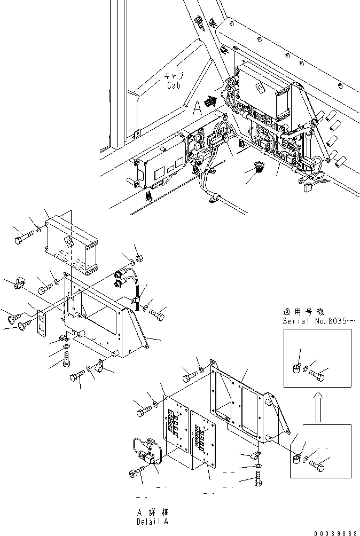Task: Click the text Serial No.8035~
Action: pyautogui.click(x=320, y=321)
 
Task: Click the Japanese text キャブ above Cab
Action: pyautogui.click(x=174, y=76)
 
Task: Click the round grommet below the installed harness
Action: pyautogui.click(x=258, y=168)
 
